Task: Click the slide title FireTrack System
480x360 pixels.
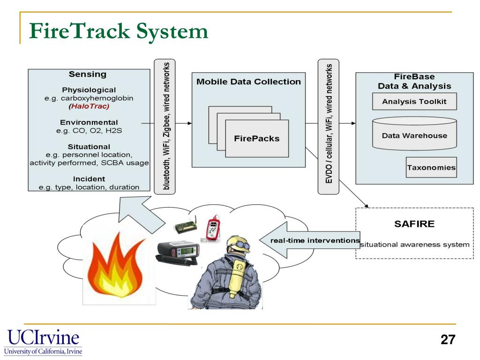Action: [119, 31]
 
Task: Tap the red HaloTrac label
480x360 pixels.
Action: [89, 106]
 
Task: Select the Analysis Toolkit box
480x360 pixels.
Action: [414, 101]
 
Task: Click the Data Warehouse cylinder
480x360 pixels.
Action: [414, 135]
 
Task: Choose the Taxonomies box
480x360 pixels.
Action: [431, 167]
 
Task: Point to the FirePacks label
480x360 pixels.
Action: [256, 138]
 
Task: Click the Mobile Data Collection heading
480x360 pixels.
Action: [248, 82]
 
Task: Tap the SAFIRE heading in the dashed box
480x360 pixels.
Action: [414, 224]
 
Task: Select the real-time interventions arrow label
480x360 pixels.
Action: [315, 240]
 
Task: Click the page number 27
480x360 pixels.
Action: [448, 340]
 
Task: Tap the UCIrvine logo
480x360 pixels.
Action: [43, 342]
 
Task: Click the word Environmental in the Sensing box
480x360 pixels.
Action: [89, 122]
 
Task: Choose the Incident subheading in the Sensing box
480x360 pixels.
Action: [89, 179]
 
